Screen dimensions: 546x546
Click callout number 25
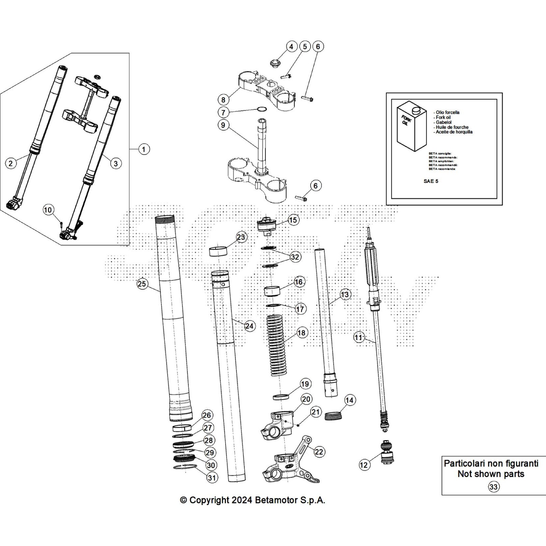point(142,284)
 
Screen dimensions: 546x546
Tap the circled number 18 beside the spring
point(302,332)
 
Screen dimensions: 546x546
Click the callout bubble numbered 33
point(493,487)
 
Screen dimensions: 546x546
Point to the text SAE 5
point(431,181)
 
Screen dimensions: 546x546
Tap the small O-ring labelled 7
point(262,110)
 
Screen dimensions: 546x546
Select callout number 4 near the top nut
point(291,46)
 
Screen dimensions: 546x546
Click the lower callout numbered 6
point(315,186)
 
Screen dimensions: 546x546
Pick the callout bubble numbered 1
point(144,149)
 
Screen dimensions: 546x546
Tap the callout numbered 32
point(295,257)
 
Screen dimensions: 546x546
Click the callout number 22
point(319,452)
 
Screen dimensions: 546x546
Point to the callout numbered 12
point(364,464)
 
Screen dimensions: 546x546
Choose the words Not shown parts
point(491,474)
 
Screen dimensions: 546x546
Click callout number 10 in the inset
point(48,210)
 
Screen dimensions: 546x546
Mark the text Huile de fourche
point(452,127)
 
